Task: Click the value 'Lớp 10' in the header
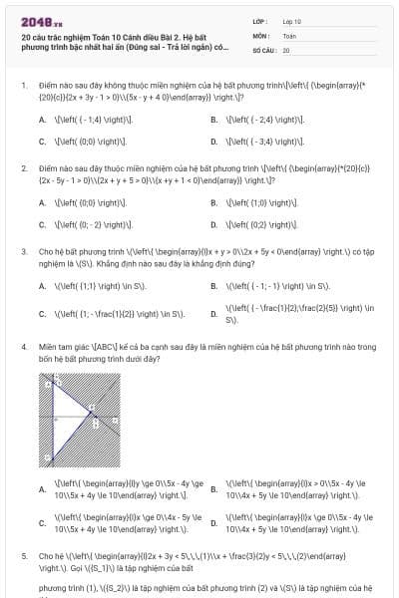(x=291, y=21)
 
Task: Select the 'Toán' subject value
(x=289, y=35)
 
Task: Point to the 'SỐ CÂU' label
(x=262, y=49)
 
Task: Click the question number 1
(x=23, y=87)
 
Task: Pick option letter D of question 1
(x=214, y=141)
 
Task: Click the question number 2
(x=23, y=168)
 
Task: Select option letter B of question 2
(x=214, y=202)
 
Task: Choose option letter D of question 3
(x=214, y=315)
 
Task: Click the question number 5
(x=23, y=554)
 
